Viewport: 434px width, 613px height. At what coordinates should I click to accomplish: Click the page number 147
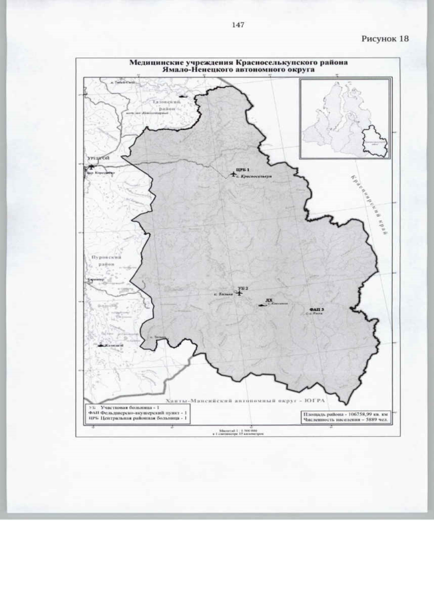pos(238,25)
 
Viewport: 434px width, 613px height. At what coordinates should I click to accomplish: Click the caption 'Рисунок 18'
pos(385,39)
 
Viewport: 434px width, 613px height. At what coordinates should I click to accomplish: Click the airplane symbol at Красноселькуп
pos(234,175)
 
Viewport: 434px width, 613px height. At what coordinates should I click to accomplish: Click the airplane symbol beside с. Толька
pos(238,294)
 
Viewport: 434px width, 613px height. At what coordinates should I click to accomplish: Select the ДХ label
pos(269,299)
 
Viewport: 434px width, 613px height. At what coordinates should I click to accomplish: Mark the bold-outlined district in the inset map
pos(374,143)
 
